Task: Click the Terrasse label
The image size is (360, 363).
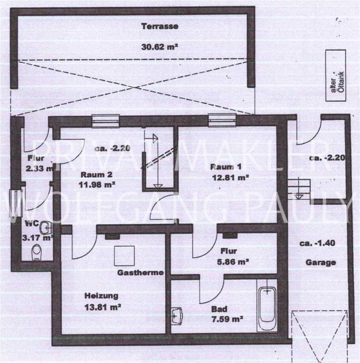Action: [x=160, y=26]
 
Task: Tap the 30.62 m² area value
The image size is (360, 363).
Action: [x=160, y=47]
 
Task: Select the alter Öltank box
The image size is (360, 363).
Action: [x=336, y=76]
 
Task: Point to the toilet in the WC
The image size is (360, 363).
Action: [x=36, y=252]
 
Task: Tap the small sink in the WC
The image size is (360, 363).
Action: [x=46, y=228]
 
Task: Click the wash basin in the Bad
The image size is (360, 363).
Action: [x=177, y=316]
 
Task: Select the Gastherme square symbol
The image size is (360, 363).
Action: [x=124, y=256]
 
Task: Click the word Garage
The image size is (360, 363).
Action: [x=321, y=262]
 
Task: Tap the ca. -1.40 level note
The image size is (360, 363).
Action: [x=317, y=243]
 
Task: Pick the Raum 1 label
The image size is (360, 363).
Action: [x=226, y=167]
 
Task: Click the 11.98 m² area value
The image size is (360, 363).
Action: [x=97, y=185]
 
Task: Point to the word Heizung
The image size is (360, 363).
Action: [x=101, y=296]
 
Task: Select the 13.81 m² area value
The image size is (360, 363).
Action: [x=103, y=307]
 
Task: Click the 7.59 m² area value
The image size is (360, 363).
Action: [x=227, y=319]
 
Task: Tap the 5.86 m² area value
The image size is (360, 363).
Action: [x=233, y=262]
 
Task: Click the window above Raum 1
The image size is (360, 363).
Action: [x=222, y=121]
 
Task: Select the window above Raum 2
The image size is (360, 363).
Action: [x=106, y=121]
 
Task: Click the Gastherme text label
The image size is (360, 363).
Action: [x=140, y=273]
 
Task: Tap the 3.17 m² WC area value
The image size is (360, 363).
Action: [x=38, y=238]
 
